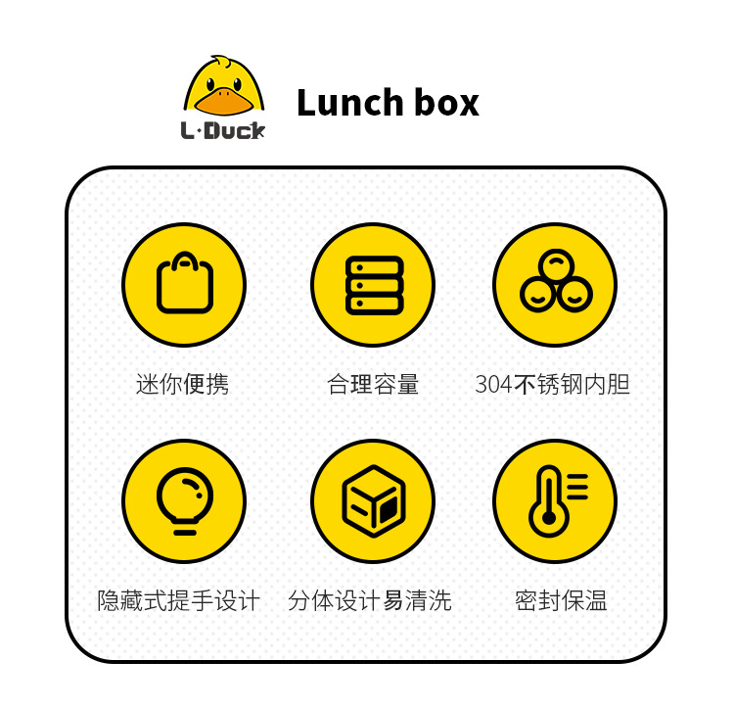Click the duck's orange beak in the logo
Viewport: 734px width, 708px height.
(223, 100)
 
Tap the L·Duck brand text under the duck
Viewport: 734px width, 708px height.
(223, 130)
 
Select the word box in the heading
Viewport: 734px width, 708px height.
(446, 103)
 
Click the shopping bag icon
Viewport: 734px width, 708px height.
(184, 285)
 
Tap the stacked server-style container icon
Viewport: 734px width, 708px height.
(374, 285)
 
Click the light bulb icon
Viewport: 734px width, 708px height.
(184, 500)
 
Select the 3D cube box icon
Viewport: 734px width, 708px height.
(374, 500)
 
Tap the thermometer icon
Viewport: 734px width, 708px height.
(555, 500)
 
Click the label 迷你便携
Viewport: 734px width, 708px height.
(182, 384)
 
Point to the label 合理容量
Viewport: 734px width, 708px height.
(373, 384)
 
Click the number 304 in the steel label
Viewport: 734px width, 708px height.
(493, 385)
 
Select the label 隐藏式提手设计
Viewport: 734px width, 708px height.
(179, 600)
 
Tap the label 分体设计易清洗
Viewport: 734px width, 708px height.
(370, 600)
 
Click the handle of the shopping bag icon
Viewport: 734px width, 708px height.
(184, 260)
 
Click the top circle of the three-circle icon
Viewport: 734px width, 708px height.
(556, 265)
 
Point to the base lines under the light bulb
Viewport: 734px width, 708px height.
(184, 530)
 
